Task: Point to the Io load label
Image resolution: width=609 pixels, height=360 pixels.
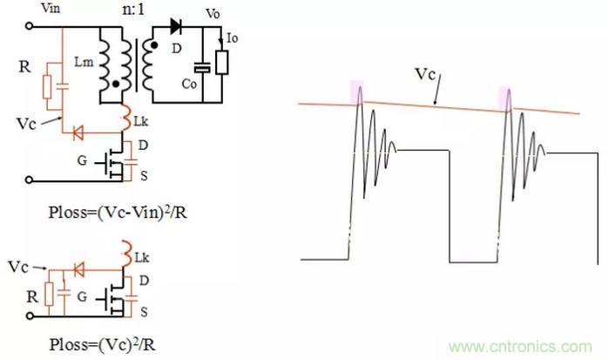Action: pos(233,39)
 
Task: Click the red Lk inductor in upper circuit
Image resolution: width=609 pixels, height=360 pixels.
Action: pos(122,119)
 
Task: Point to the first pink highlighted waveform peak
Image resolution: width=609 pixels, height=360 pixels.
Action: pos(356,91)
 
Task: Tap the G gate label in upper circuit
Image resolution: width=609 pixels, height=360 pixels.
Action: pos(84,160)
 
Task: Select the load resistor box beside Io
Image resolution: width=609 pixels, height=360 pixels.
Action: pos(225,62)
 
